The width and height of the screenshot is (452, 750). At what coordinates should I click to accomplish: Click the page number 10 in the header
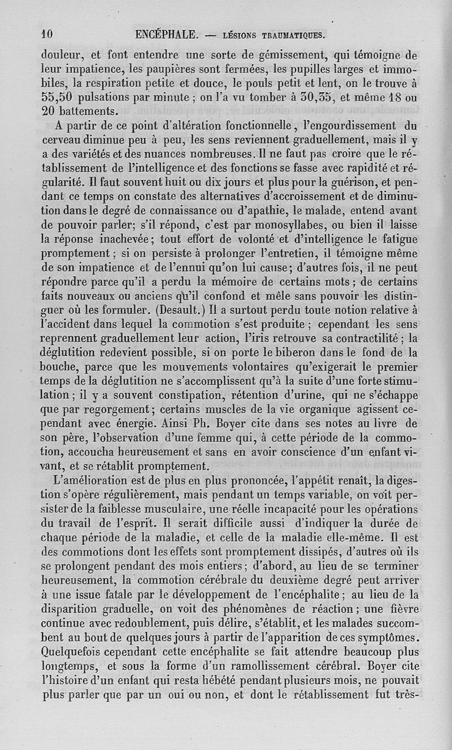47,34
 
